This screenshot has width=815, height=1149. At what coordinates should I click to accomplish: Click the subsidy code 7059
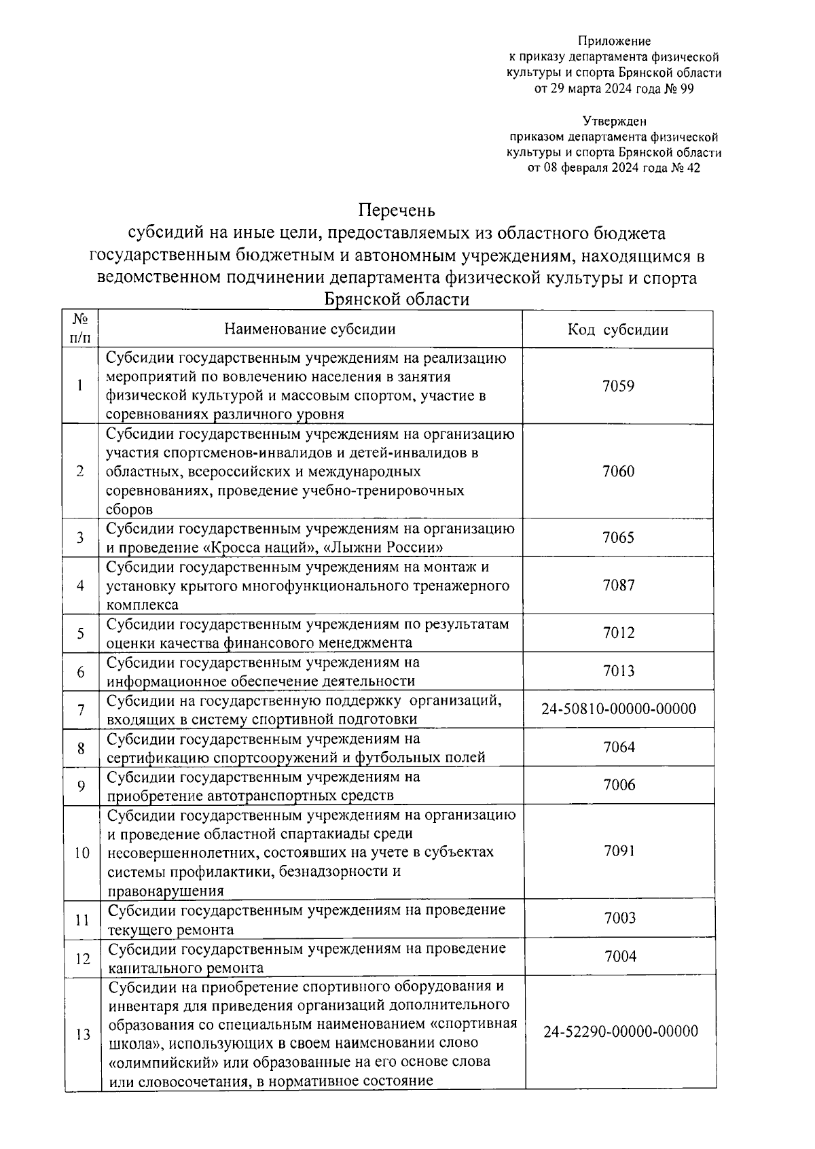pyautogui.click(x=618, y=386)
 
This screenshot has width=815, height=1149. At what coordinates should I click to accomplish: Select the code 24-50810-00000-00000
pyautogui.click(x=619, y=709)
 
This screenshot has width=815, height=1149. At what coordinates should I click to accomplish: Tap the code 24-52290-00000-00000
pyautogui.click(x=620, y=1031)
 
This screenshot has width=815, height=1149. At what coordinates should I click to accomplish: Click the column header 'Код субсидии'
pyautogui.click(x=618, y=330)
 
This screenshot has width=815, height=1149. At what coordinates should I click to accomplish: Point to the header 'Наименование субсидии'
pyautogui.click(x=310, y=330)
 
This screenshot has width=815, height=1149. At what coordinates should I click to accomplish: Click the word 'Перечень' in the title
pyautogui.click(x=397, y=209)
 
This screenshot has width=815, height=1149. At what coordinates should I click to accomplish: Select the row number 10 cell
pyautogui.click(x=81, y=853)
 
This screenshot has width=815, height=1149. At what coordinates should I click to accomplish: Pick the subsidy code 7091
pyautogui.click(x=619, y=851)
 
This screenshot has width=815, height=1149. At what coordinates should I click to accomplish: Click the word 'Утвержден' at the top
pyautogui.click(x=614, y=122)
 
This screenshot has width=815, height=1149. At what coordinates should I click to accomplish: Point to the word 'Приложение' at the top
pyautogui.click(x=614, y=42)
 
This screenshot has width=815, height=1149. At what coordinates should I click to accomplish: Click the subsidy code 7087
pyautogui.click(x=619, y=585)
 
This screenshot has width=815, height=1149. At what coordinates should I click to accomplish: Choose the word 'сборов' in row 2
pyautogui.click(x=130, y=510)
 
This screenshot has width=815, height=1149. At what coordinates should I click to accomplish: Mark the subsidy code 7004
pyautogui.click(x=620, y=957)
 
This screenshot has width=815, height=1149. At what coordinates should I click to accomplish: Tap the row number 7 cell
pyautogui.click(x=81, y=710)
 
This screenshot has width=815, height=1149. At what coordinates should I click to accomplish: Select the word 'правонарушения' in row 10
pyautogui.click(x=166, y=891)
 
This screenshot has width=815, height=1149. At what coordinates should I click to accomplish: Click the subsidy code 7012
pyautogui.click(x=619, y=633)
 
